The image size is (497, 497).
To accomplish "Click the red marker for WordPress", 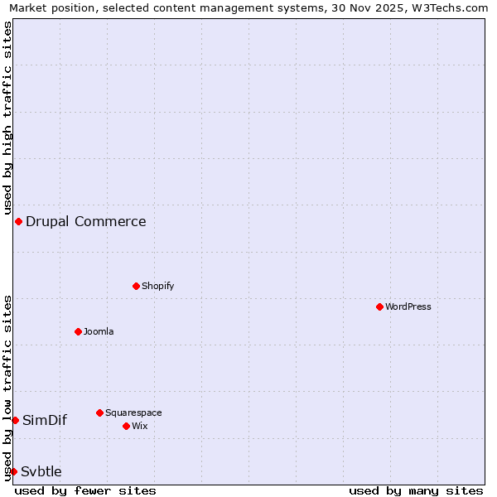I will tap(379, 306).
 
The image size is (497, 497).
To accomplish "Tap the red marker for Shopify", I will tap(136, 286).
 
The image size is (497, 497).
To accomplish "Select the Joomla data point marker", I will tap(78, 331).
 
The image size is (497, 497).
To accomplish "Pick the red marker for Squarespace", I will tap(99, 413).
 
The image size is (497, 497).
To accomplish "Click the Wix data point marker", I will tap(126, 426).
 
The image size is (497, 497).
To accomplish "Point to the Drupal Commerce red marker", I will tap(18, 221).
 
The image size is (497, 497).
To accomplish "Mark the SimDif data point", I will tap(15, 420).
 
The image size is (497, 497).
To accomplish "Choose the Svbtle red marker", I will tap(13, 471).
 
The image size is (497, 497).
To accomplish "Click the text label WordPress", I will tap(408, 306).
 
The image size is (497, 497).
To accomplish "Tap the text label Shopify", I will tap(157, 286).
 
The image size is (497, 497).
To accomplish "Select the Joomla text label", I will tap(99, 331).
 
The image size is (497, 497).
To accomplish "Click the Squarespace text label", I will tap(133, 413).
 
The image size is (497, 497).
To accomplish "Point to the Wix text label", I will tap(139, 426).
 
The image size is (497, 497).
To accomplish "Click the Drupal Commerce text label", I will tap(85, 221).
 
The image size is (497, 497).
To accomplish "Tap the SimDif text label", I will tap(45, 420).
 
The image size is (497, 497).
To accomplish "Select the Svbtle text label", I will tap(41, 471).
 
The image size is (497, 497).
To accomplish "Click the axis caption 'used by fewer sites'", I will tap(85, 490).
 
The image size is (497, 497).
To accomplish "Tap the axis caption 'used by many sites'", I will tap(416, 490).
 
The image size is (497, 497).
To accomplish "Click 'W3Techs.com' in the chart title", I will tap(448, 7).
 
